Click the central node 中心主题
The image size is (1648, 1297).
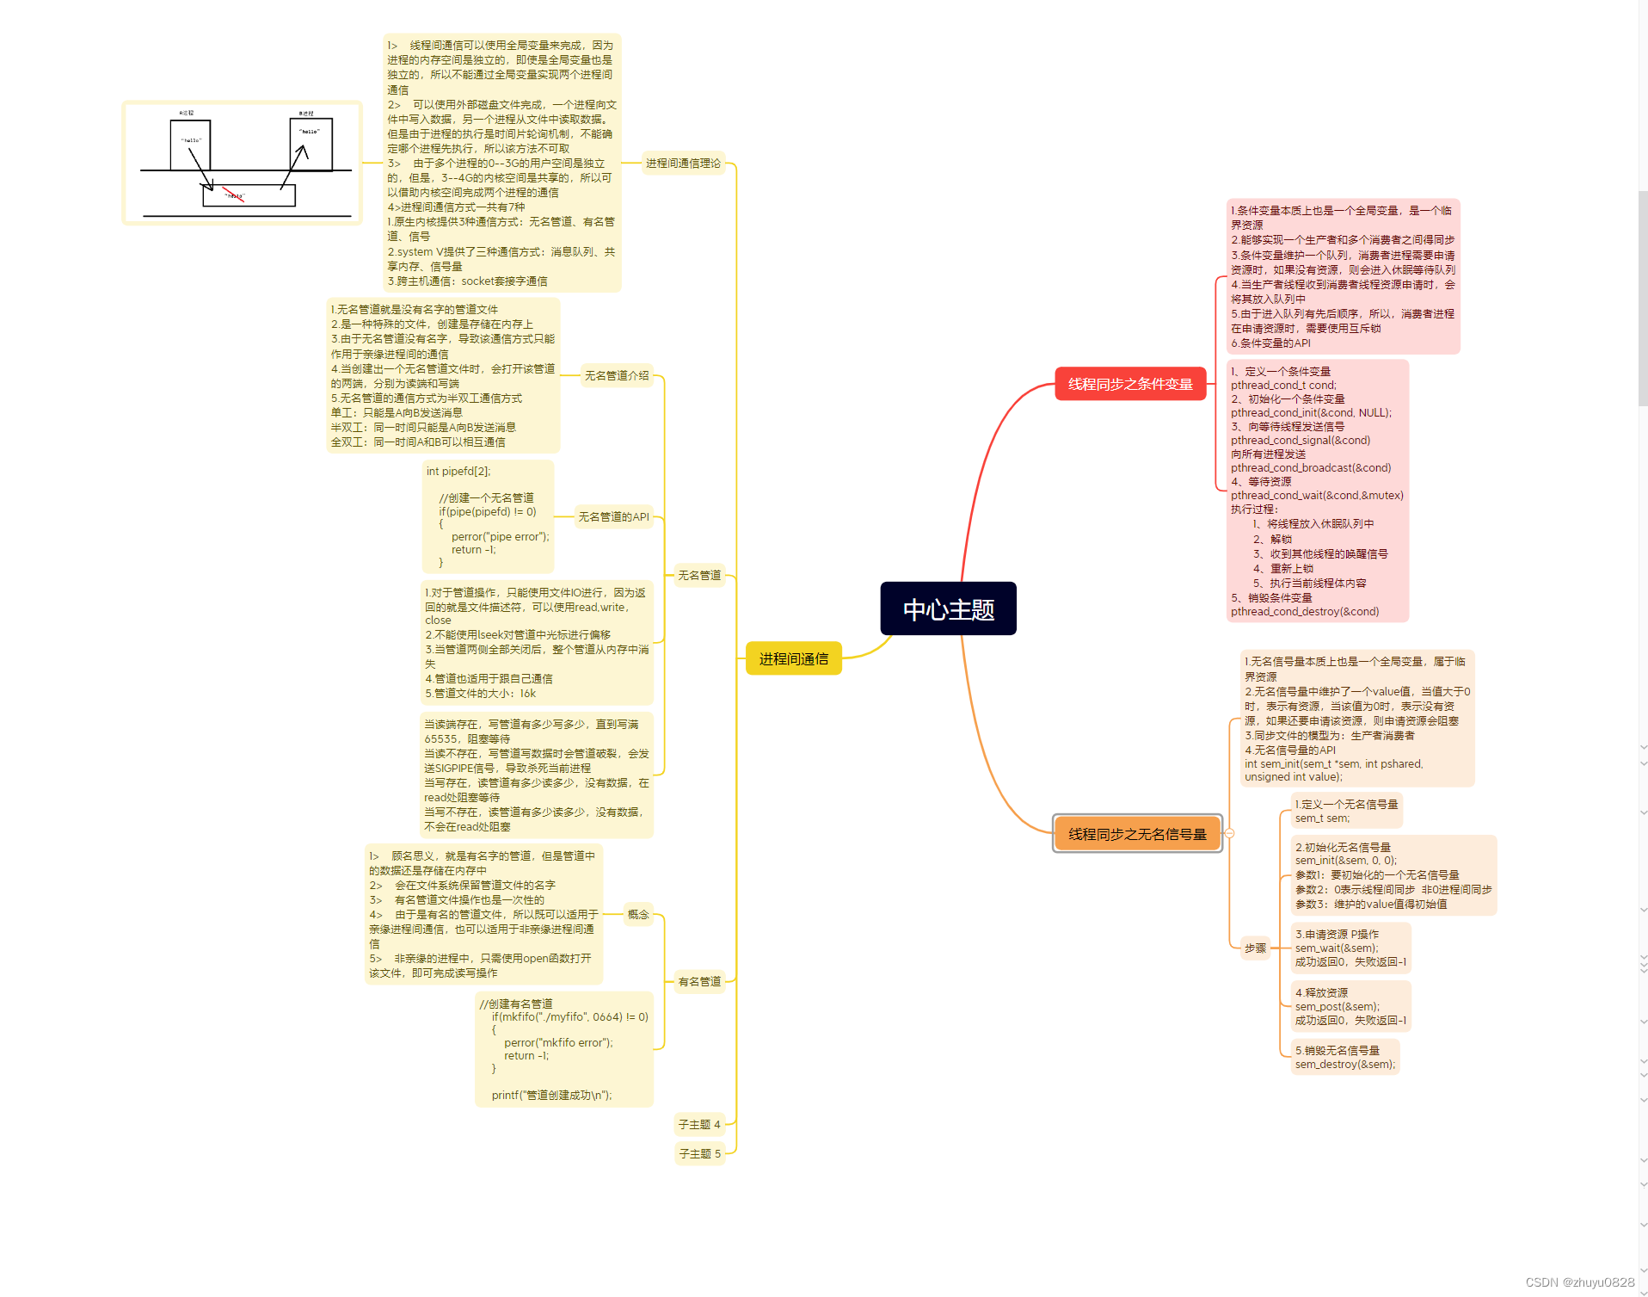(x=948, y=609)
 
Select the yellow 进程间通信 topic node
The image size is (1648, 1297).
(x=793, y=659)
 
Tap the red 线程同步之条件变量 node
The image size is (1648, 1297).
(x=1130, y=384)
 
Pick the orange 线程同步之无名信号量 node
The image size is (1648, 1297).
(x=1137, y=834)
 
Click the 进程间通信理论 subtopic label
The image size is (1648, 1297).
(x=683, y=164)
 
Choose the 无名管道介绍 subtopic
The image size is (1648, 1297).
(x=617, y=376)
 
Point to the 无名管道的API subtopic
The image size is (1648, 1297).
(x=613, y=517)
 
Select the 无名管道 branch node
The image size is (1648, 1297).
(x=699, y=576)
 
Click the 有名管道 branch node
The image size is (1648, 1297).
(x=699, y=982)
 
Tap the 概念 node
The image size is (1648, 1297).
(x=638, y=915)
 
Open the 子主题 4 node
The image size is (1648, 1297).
(x=699, y=1125)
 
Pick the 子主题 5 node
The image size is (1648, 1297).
(x=699, y=1154)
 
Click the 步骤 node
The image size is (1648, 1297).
(x=1255, y=948)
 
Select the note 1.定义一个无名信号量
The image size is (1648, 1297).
(x=1346, y=812)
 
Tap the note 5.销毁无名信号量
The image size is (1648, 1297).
(x=1344, y=1058)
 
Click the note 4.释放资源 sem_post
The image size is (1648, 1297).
(x=1350, y=1007)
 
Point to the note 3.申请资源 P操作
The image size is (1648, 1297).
(x=1350, y=948)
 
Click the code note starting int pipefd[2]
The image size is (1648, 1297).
(x=488, y=516)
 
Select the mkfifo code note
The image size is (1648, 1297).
(x=564, y=1049)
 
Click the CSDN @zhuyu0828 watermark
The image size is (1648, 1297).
(x=1579, y=1282)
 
